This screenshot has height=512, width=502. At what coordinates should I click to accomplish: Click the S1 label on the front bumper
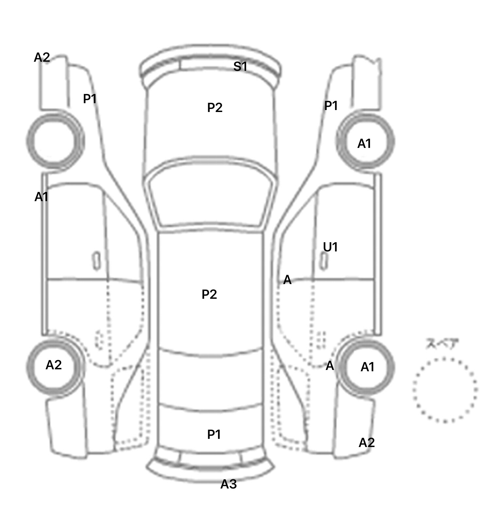click(x=240, y=67)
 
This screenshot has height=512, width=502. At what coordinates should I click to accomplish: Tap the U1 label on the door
click(x=330, y=247)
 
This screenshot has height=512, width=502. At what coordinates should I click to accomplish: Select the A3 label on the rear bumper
click(x=228, y=484)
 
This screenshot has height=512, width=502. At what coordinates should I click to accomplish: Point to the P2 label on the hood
click(x=215, y=107)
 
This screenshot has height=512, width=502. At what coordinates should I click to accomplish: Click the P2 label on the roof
click(x=209, y=294)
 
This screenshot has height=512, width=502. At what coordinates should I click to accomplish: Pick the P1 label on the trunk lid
click(x=214, y=434)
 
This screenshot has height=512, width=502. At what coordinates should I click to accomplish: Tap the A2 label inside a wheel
click(x=54, y=365)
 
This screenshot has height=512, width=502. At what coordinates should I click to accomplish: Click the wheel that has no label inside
click(x=55, y=141)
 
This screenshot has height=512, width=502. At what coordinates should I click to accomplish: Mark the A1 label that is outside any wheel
click(x=42, y=197)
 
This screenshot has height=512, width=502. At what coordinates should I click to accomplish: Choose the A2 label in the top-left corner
click(x=42, y=57)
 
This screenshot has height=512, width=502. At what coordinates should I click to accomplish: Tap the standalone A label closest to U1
click(x=287, y=280)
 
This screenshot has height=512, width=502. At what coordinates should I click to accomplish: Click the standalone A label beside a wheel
click(x=330, y=366)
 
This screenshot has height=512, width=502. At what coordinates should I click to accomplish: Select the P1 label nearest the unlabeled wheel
click(x=90, y=99)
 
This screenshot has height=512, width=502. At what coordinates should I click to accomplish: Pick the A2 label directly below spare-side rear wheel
click(x=367, y=443)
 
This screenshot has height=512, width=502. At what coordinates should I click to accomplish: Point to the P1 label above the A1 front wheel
click(x=331, y=105)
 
